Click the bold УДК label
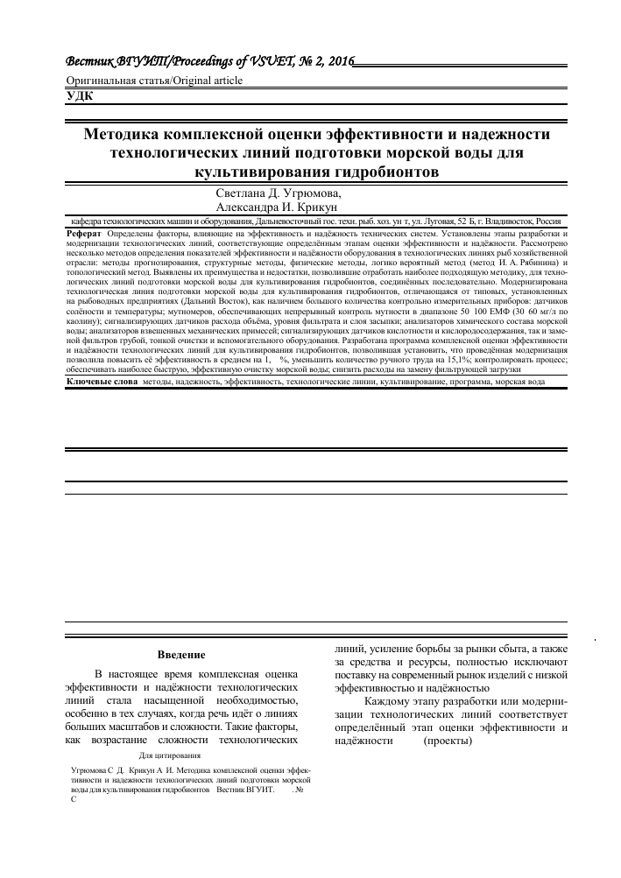81,96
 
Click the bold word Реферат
84,235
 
